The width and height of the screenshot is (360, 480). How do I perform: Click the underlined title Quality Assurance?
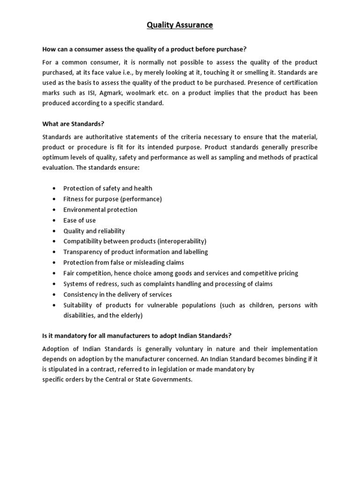coord(180,25)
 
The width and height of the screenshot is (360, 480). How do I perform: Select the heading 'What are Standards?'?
coord(73,124)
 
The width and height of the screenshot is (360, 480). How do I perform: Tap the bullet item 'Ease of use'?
coord(79,220)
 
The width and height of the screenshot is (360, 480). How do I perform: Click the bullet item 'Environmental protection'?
coord(100,210)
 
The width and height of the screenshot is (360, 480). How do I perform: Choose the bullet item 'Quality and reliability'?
coord(94,231)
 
